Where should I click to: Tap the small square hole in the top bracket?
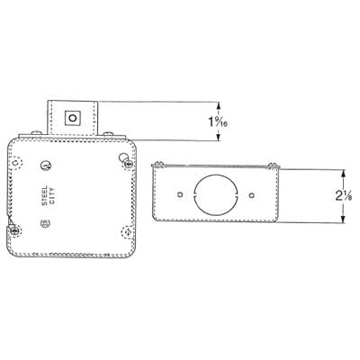73,117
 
